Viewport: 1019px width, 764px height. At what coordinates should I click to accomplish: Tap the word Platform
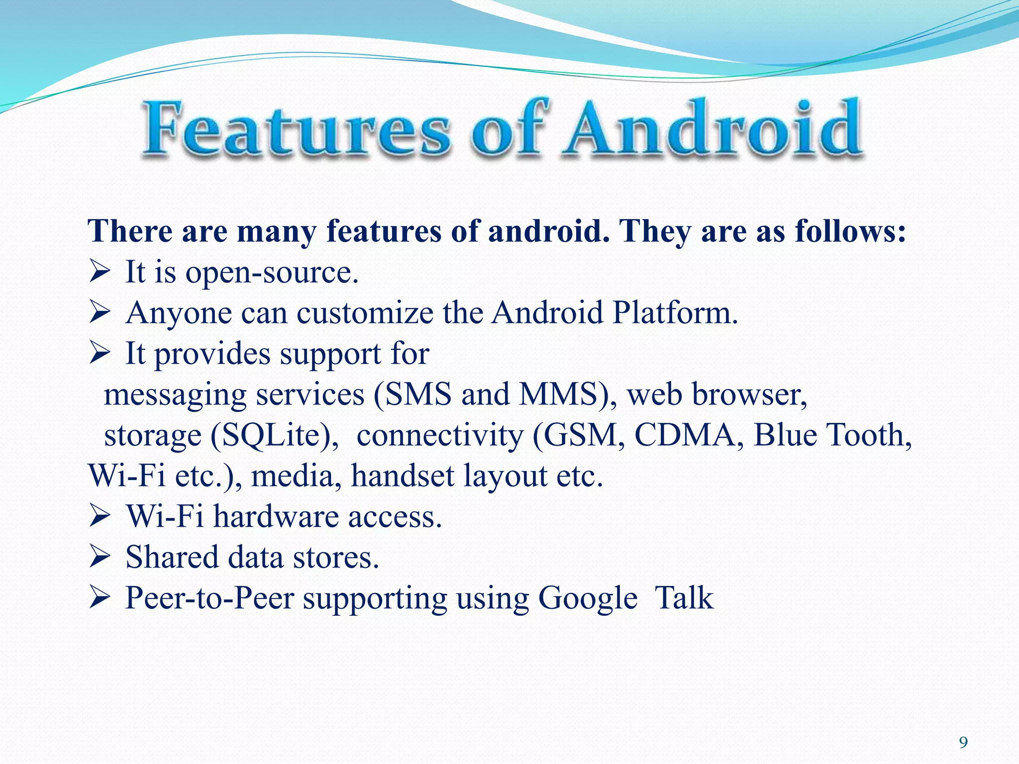[x=675, y=313]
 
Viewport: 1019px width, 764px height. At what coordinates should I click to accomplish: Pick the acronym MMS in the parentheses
[x=557, y=394]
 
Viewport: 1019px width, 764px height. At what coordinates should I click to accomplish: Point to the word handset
[x=403, y=476]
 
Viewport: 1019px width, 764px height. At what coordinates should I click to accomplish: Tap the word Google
[x=588, y=598]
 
